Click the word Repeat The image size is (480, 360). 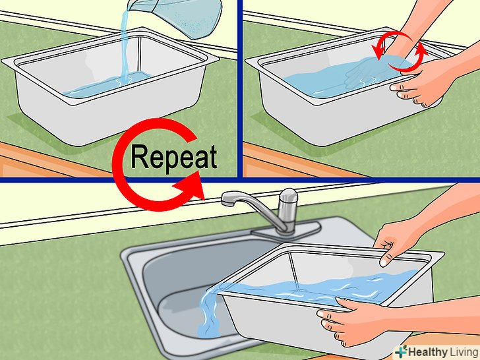pos(174,158)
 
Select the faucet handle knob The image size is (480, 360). pos(288,196)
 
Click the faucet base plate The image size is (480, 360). pos(286,229)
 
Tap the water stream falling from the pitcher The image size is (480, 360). pos(125,46)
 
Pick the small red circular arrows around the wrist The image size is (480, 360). pos(399,51)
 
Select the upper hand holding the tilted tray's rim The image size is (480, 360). pos(395,242)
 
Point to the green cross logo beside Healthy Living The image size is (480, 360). pos(402,351)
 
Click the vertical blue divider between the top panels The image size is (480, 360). pos(240,88)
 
